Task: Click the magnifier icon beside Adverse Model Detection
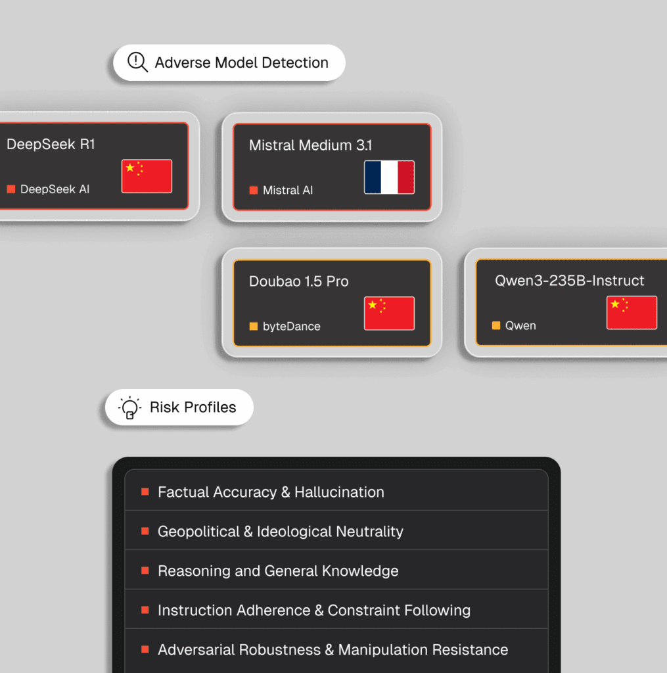138,62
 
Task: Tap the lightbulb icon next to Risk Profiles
129,407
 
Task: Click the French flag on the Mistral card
389,177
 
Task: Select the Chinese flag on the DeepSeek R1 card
147,176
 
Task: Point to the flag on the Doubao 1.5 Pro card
389,313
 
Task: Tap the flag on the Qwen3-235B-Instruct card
632,312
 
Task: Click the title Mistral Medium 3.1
310,145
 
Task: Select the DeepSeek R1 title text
51,144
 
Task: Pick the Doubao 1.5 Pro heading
299,281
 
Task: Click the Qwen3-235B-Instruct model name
569,280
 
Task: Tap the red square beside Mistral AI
254,190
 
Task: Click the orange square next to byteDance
254,326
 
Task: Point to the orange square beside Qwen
496,325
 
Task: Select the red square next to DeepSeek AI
11,189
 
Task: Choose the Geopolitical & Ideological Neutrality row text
281,531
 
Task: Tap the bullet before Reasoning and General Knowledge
145,570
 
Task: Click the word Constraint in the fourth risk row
363,611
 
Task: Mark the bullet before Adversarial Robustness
145,649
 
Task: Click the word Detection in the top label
295,62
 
